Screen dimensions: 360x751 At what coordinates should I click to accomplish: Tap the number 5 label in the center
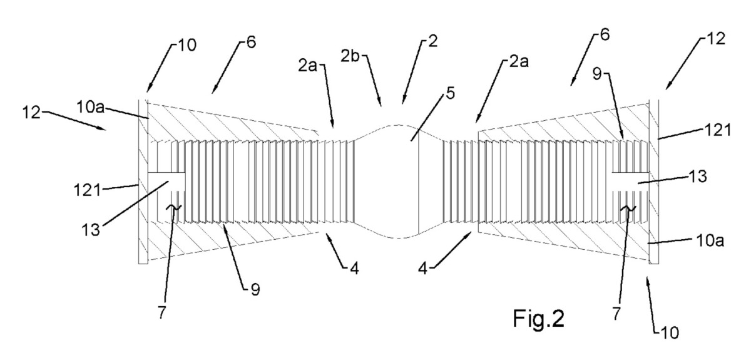tap(434, 95)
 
